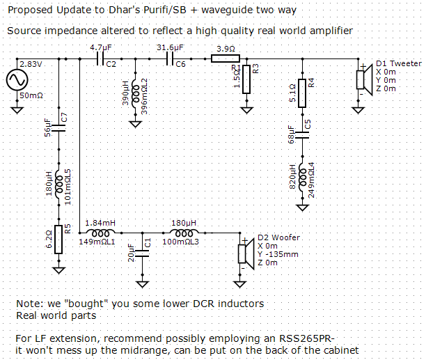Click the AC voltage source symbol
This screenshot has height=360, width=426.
tap(17, 80)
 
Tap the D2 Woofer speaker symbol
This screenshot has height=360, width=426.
tap(246, 253)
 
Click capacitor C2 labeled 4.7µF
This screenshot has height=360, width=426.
tap(100, 58)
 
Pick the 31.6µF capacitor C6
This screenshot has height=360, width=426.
tap(170, 58)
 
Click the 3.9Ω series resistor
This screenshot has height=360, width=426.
tap(226, 58)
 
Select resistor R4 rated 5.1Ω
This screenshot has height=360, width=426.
tap(302, 93)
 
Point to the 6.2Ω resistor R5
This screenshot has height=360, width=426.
tap(58, 240)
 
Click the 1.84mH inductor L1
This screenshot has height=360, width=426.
tap(100, 233)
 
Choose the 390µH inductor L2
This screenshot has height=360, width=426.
tap(135, 93)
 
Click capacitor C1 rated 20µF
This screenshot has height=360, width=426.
tap(143, 253)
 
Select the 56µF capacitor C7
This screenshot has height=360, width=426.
tap(58, 128)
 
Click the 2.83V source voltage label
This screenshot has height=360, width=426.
tap(31, 64)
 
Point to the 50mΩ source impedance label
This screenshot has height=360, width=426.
tap(31, 95)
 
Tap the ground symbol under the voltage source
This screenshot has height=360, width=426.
tap(17, 110)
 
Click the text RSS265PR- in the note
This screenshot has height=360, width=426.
tap(307, 338)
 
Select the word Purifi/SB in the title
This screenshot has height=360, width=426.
tap(165, 10)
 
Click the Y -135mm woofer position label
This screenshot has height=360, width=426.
tap(278, 254)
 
